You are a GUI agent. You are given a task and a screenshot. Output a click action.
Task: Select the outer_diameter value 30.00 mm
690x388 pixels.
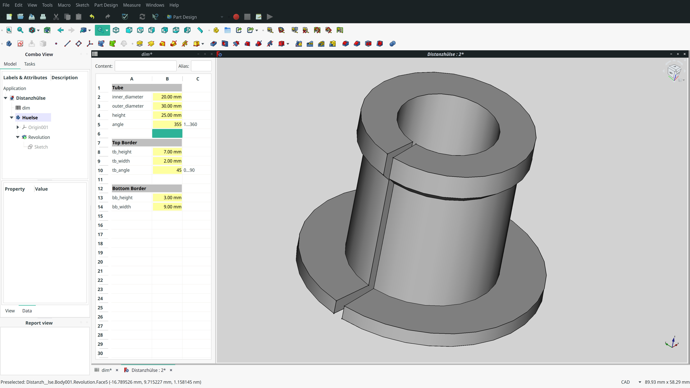[x=167, y=106]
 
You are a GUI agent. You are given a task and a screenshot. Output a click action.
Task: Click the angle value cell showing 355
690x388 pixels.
[x=167, y=124]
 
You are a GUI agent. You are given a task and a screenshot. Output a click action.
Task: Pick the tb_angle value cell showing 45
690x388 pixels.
[x=167, y=170]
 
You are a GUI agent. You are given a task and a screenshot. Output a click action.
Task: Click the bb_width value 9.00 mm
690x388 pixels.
[x=167, y=207]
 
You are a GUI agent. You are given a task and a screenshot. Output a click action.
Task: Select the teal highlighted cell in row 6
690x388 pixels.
[x=167, y=133]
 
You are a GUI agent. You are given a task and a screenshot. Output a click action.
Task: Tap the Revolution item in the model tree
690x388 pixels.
[x=39, y=137]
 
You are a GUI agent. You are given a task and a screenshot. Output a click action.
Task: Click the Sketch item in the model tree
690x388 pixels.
[x=41, y=147]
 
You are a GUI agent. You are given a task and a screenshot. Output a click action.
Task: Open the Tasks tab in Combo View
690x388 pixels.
[x=29, y=64]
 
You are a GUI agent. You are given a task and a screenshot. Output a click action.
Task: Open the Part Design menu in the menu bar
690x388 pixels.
[x=106, y=5]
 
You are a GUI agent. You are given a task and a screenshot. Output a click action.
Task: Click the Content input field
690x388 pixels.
[x=145, y=66]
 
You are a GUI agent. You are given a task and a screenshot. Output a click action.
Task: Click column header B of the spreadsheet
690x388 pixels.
[x=167, y=79]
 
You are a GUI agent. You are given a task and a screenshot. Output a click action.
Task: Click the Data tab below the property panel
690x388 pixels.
[x=27, y=311]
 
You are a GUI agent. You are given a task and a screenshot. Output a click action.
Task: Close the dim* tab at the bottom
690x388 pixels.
[x=117, y=370]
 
